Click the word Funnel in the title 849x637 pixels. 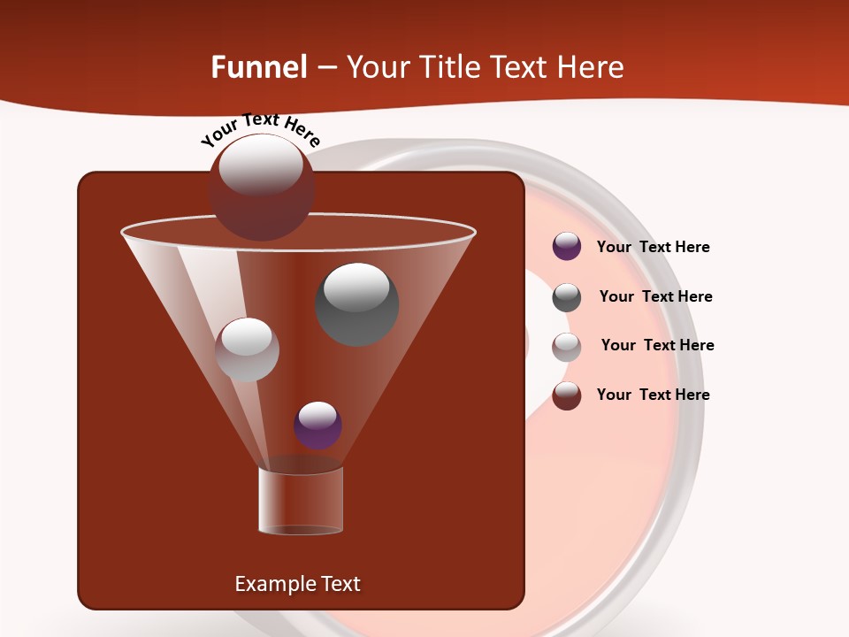tap(258, 67)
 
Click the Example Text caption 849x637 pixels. tap(297, 584)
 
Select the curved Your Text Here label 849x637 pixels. tap(260, 129)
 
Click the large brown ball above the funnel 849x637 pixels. tap(261, 188)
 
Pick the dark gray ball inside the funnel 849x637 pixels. tap(357, 303)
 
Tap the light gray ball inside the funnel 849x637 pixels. tap(247, 349)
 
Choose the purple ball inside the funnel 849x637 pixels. tap(317, 425)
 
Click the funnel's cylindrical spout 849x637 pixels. tap(301, 501)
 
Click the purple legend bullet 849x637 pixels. tap(567, 247)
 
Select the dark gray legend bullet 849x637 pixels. tap(567, 297)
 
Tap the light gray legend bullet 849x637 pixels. tap(567, 347)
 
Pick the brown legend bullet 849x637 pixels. tap(567, 395)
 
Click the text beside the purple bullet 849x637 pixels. tap(653, 248)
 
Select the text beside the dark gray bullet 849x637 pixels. tap(655, 297)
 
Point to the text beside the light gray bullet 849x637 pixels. tap(657, 346)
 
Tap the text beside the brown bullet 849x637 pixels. tap(653, 395)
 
